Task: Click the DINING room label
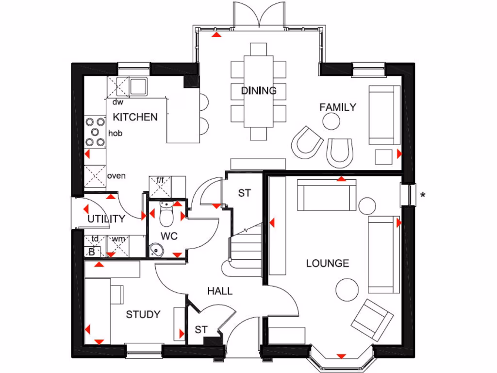tap(259, 90)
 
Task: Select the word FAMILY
tap(338, 107)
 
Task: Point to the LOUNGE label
tap(328, 264)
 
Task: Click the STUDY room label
tap(143, 315)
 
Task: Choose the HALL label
tap(220, 291)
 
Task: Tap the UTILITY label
tap(106, 219)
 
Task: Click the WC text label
tap(169, 237)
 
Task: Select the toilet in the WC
tap(166, 215)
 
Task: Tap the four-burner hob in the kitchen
tap(95, 132)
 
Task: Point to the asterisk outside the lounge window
tap(423, 196)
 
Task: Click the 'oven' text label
tap(116, 176)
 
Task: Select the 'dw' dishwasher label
tap(117, 102)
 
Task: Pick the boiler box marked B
tap(92, 252)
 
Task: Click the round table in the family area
tap(331, 122)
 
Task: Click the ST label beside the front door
tap(201, 330)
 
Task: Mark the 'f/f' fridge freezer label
tap(160, 181)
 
